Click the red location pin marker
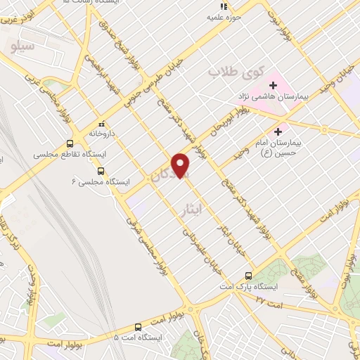pyautogui.click(x=181, y=166)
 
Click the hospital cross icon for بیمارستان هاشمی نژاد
pyautogui.click(x=272, y=85)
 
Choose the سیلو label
pyautogui.click(x=23, y=46)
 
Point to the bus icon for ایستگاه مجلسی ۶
pyautogui.click(x=101, y=170)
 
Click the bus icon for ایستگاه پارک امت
pyautogui.click(x=248, y=276)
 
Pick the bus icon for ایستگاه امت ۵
pyautogui.click(x=137, y=327)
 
